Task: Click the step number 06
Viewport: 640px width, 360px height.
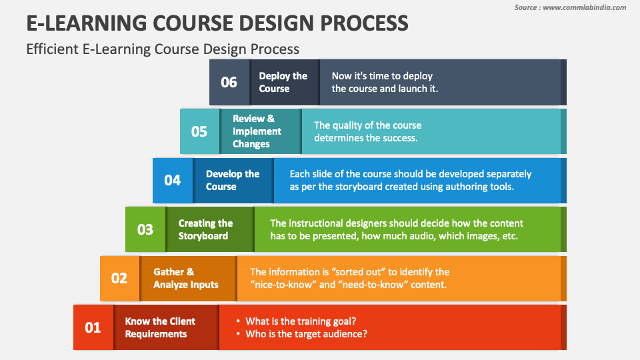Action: coord(229,82)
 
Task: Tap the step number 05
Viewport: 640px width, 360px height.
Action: coord(199,131)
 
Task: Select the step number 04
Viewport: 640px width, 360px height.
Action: coord(172,180)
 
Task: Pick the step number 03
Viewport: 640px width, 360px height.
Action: coord(145,229)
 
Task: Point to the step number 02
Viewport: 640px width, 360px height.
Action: coord(119,279)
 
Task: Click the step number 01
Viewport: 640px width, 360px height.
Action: coord(93,327)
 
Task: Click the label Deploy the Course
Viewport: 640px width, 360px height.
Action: coord(283,82)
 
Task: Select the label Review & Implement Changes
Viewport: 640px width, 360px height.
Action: coord(257,131)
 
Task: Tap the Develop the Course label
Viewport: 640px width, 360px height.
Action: coord(232,180)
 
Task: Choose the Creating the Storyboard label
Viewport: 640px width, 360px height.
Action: coord(205,229)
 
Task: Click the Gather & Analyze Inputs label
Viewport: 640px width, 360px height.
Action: coord(186,278)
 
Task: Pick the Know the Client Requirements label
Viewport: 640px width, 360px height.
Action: coord(160,327)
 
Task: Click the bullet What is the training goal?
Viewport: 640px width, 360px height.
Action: coord(301,321)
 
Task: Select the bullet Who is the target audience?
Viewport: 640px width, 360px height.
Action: coord(306,334)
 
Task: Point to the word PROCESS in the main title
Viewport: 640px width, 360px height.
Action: coord(364,23)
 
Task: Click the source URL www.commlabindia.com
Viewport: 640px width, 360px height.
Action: coord(585,7)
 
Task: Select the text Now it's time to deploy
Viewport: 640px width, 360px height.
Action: coord(382,76)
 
